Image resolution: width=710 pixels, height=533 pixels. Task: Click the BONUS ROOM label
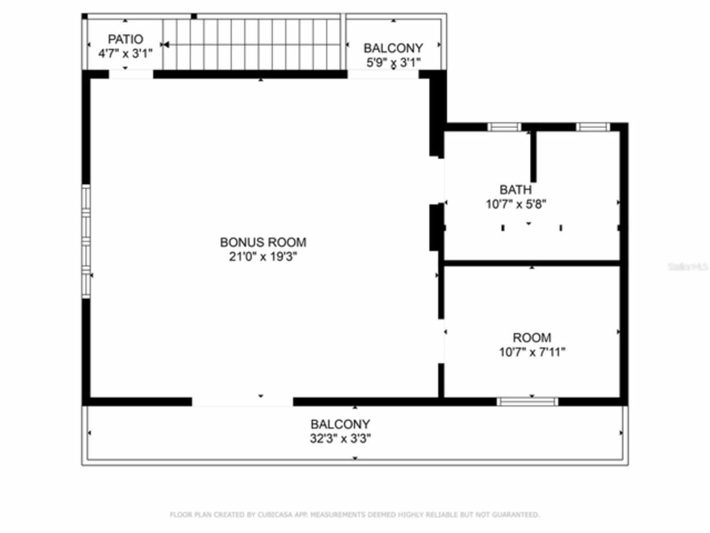pos(263,242)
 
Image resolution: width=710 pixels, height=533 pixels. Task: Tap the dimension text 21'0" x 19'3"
pos(263,257)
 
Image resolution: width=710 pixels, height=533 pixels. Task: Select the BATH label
pos(515,190)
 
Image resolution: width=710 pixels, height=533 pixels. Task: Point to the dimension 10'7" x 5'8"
pos(516,204)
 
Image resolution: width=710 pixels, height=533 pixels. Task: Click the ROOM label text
pos(531,338)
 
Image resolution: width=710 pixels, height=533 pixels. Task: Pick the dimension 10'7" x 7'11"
pos(531,352)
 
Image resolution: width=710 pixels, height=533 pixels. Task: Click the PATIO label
pos(125,39)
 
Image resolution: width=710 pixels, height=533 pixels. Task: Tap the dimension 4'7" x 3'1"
pos(125,54)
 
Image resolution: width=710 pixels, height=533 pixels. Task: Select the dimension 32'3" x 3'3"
pos(340,439)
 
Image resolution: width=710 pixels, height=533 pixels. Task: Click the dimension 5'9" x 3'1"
pos(393,62)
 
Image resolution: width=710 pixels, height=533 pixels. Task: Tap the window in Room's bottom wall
pos(527,401)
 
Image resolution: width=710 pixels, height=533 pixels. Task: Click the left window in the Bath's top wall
pos(504,127)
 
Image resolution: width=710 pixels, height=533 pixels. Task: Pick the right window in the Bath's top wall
pos(592,127)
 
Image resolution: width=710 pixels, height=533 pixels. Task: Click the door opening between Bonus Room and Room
pos(442,341)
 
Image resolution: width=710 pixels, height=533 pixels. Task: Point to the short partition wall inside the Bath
pos(533,157)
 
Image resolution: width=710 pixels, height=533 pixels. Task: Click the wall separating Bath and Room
pos(531,263)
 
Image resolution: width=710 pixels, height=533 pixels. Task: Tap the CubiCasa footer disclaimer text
pos(354,515)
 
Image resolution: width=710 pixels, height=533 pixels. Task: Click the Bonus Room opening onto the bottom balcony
pos(242,401)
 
